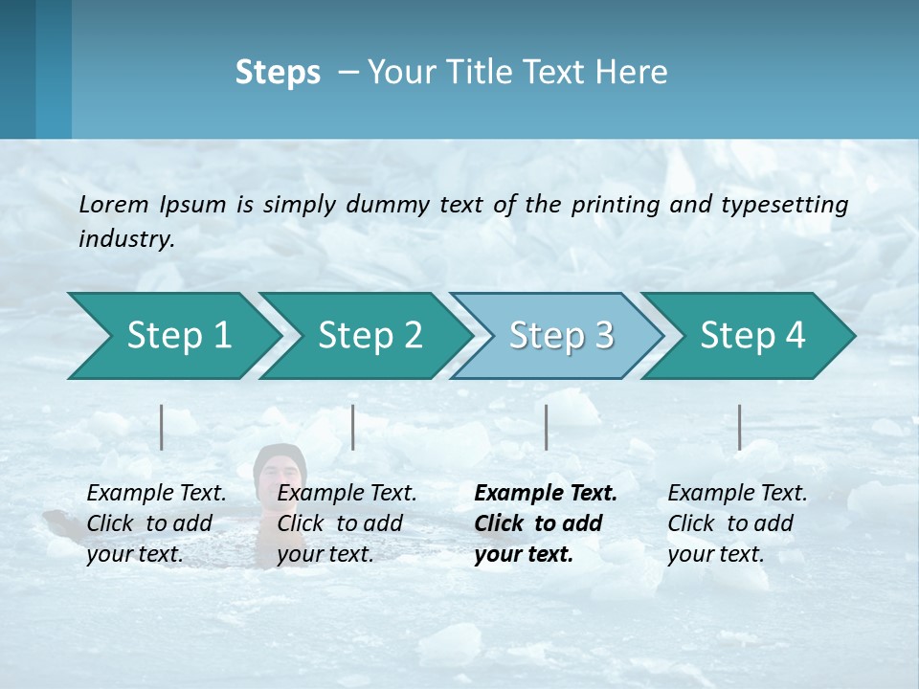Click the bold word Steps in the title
(278, 73)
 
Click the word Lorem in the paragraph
(114, 204)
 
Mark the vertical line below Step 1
(162, 427)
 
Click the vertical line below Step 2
(353, 427)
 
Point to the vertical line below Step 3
(546, 427)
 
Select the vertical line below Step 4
(739, 427)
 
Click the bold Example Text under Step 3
(546, 494)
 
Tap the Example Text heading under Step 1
(156, 494)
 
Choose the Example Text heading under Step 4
(737, 494)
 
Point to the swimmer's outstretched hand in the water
(57, 519)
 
